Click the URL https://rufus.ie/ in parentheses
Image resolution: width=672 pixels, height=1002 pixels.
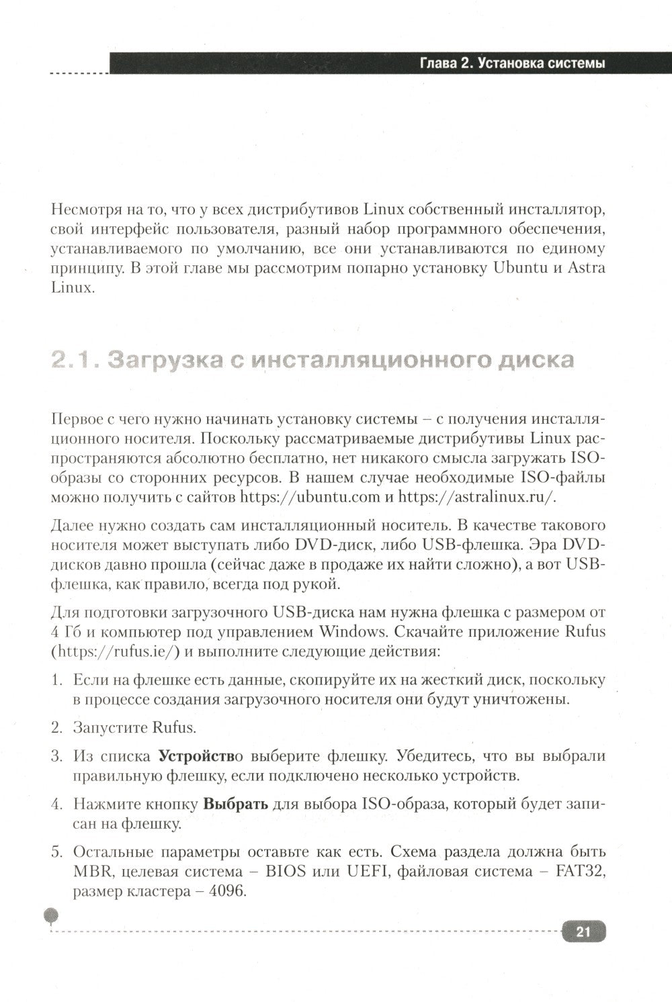114,651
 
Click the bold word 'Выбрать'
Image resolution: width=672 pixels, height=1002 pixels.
236,804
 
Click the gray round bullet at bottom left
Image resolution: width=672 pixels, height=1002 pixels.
51,915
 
